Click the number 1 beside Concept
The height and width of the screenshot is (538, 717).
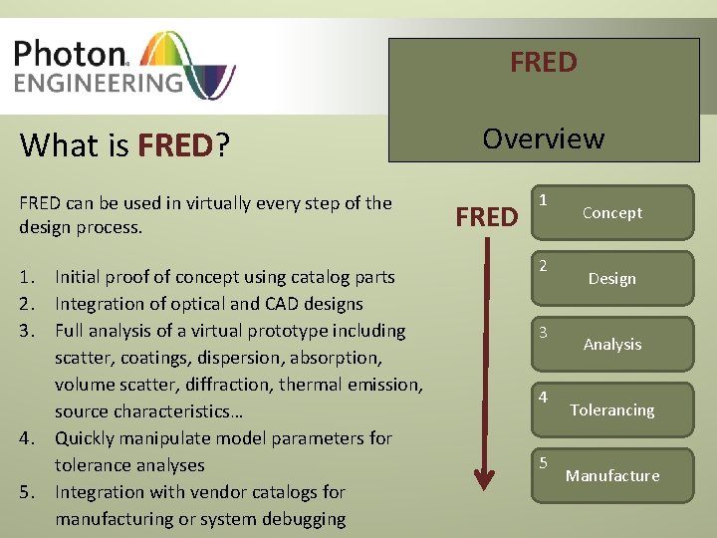coord(543,199)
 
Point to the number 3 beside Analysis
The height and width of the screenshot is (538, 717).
coord(543,332)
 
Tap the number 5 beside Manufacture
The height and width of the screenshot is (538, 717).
coord(543,462)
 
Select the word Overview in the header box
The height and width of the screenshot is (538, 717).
coord(543,138)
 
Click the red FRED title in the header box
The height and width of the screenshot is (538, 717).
coord(543,62)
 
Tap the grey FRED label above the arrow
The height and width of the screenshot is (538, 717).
coord(486,217)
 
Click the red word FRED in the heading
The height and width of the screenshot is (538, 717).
coord(175,145)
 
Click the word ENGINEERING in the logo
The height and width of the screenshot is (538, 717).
coord(99,81)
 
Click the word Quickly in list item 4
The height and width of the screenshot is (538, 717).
coord(86,437)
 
